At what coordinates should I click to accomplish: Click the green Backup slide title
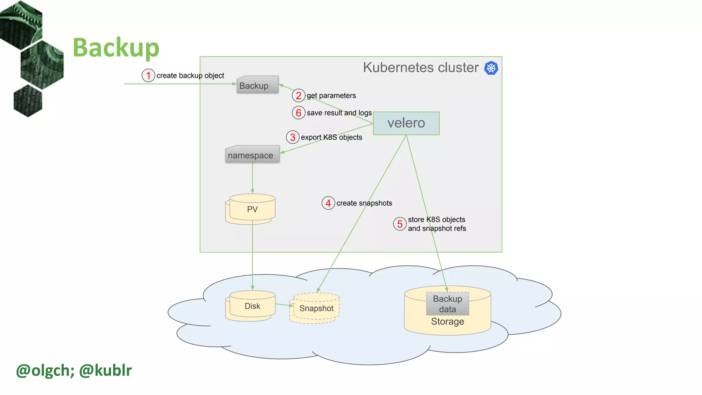[116, 47]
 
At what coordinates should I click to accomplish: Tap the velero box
[406, 123]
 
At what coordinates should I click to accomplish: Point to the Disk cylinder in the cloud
[252, 306]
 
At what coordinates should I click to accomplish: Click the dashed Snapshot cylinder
[316, 308]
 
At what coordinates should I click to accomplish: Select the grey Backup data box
[447, 304]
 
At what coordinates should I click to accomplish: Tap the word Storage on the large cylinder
[447, 322]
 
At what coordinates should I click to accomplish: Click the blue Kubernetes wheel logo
[491, 68]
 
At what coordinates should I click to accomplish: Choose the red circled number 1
[148, 75]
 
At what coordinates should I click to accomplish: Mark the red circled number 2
[299, 95]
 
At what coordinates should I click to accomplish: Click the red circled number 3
[292, 137]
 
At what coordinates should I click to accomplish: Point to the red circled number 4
[328, 203]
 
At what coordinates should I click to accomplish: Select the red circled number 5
[399, 224]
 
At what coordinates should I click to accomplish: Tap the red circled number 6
[299, 113]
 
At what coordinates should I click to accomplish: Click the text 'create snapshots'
[364, 203]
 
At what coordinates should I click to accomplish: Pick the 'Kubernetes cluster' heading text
[421, 68]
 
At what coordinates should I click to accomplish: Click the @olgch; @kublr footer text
[74, 370]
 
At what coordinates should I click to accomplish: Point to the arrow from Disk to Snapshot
[284, 304]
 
